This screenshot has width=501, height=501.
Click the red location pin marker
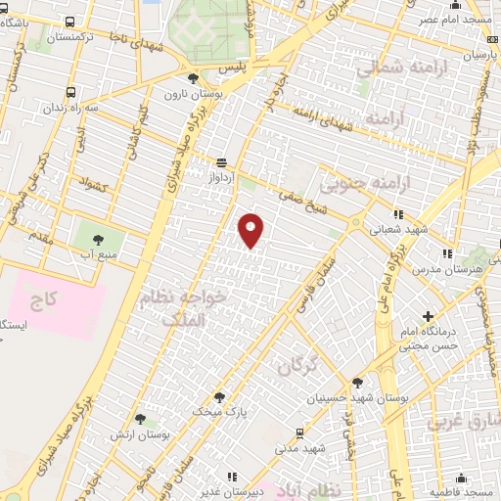click(x=251, y=229)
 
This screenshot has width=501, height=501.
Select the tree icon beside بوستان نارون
click(x=193, y=77)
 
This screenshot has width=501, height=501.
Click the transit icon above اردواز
click(x=222, y=162)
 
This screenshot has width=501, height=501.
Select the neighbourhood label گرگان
click(x=297, y=367)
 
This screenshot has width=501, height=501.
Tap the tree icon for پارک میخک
click(x=218, y=397)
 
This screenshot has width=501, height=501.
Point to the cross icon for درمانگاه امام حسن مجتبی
click(x=427, y=316)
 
